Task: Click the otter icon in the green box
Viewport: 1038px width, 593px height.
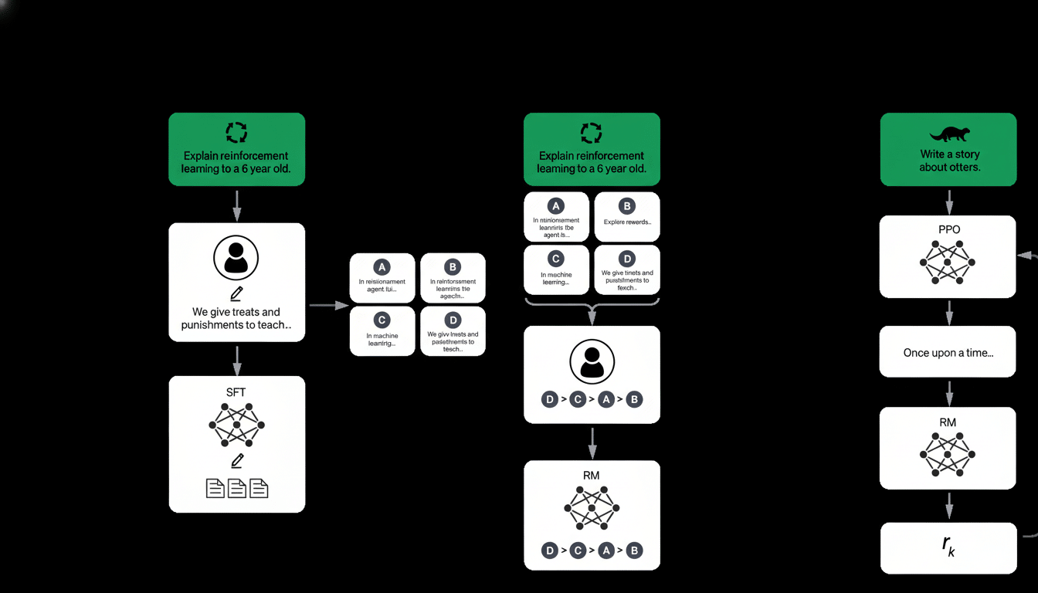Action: tap(948, 134)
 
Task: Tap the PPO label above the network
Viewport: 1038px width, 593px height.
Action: tap(948, 231)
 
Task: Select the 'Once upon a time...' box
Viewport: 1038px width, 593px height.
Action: tap(948, 352)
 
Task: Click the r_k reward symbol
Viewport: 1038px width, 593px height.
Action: tap(948, 546)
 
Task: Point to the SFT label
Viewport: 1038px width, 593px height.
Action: tap(236, 392)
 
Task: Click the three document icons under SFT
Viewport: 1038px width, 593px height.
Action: tap(236, 488)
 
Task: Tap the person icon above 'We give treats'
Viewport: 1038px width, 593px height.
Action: tap(236, 258)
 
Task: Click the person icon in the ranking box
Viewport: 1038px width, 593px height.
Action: tap(592, 361)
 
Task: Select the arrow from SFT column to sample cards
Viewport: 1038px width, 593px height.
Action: tap(330, 306)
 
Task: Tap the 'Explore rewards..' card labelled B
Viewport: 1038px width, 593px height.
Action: tap(627, 216)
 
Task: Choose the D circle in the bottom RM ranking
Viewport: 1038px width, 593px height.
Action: tap(549, 551)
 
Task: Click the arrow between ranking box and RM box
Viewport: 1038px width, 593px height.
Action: tap(592, 442)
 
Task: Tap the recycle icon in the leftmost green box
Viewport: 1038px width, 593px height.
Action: tap(236, 132)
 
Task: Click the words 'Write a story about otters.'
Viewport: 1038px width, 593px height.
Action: tap(949, 161)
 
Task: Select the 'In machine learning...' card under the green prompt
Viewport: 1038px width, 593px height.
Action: tap(555, 269)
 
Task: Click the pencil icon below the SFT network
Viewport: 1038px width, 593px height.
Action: tap(236, 461)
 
